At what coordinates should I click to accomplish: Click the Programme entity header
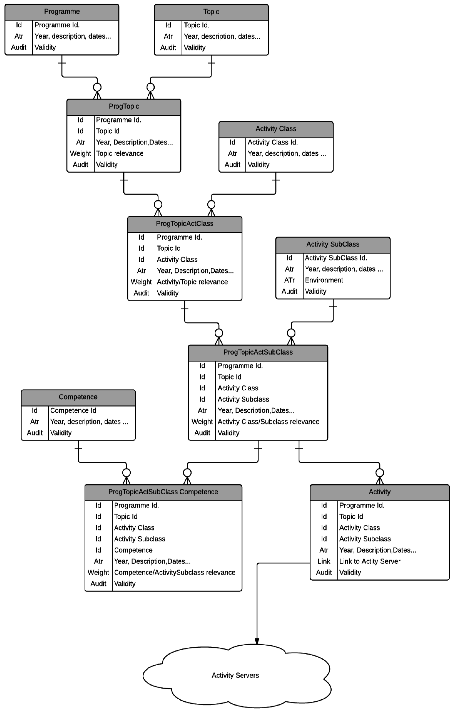(62, 12)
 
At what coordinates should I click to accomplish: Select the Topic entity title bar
(211, 12)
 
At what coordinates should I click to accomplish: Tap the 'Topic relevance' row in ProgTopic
(120, 153)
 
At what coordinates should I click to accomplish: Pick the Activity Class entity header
(276, 129)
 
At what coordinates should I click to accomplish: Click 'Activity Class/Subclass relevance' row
(268, 422)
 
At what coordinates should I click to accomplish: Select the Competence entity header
(78, 397)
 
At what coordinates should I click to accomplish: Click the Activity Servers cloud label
(235, 675)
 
